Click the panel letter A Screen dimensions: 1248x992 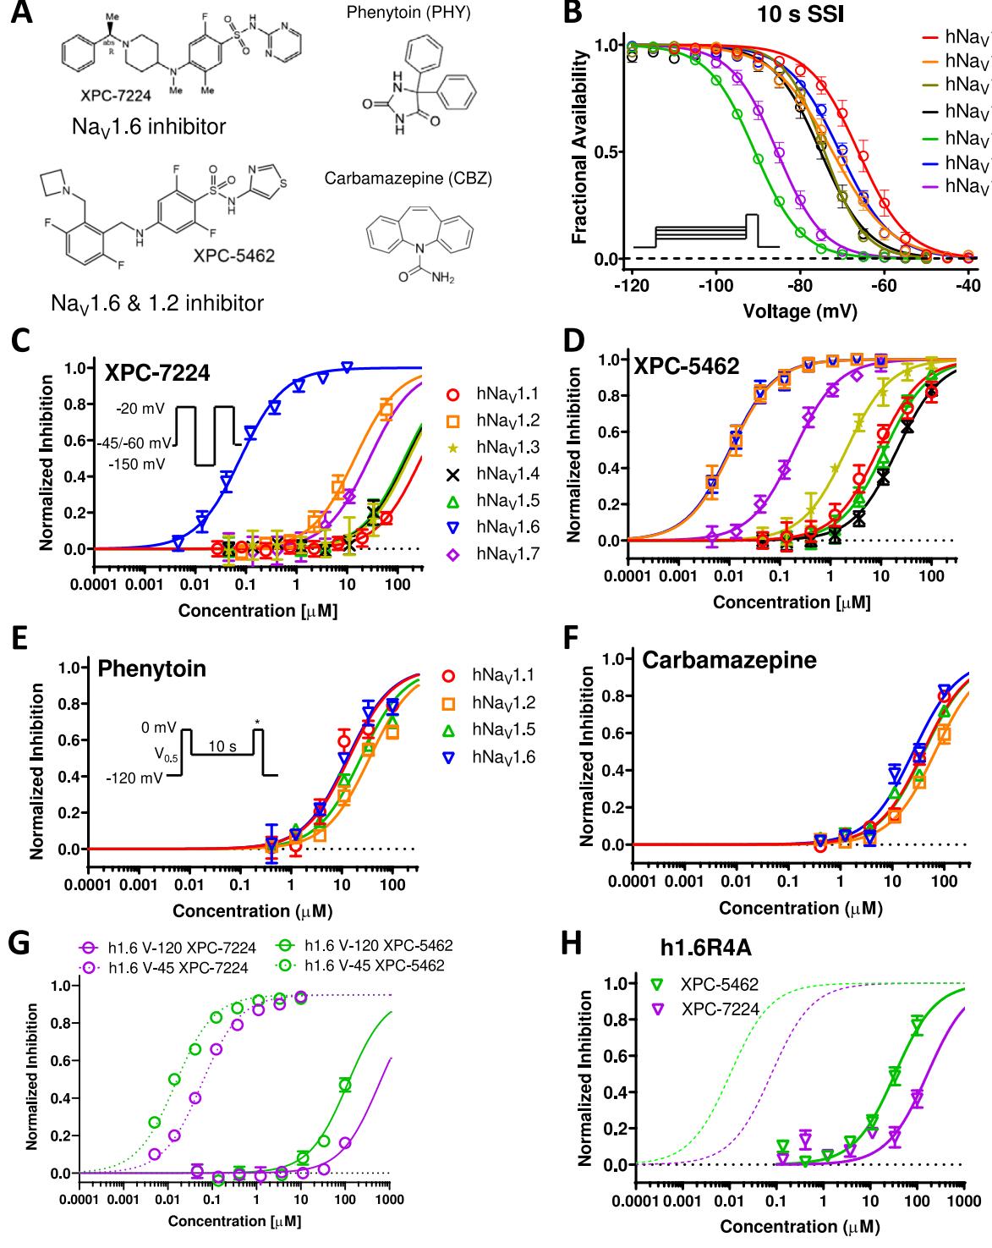click(22, 14)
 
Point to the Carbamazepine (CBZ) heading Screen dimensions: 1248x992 click(408, 179)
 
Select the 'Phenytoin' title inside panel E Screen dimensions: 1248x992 click(152, 668)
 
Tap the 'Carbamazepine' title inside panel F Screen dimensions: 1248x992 click(729, 660)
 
